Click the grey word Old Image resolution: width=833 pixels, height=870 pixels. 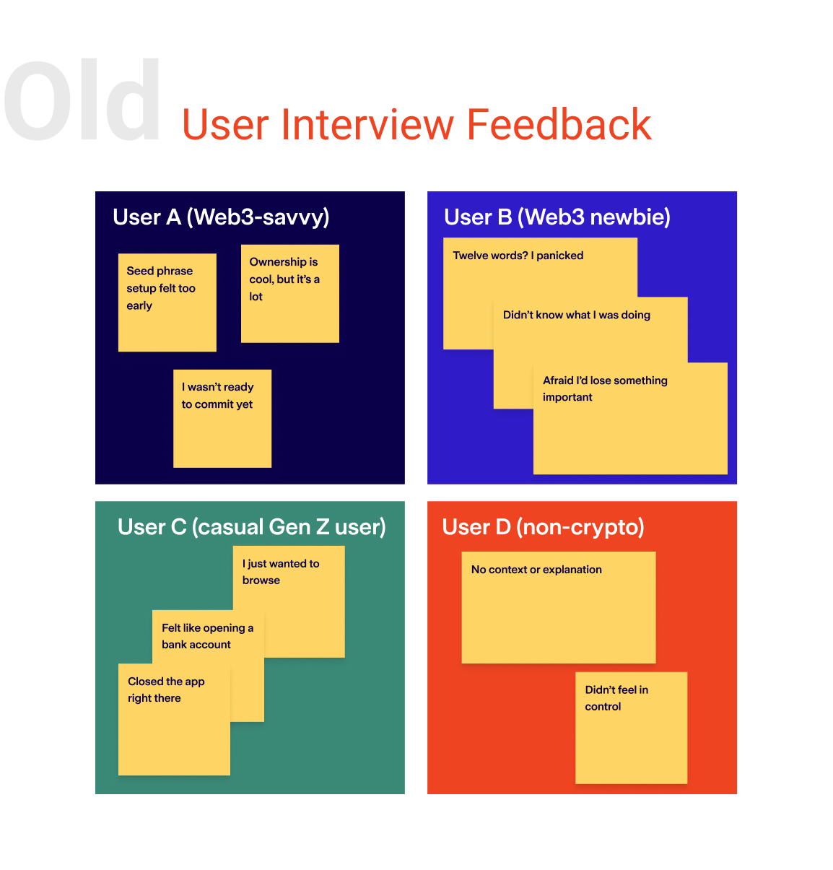[x=82, y=99]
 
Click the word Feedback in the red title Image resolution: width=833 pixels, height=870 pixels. [x=559, y=124]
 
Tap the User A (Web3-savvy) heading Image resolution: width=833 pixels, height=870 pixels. [x=221, y=218]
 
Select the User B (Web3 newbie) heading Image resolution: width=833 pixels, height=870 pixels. [x=557, y=217]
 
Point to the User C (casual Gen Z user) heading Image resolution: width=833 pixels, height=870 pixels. [x=252, y=527]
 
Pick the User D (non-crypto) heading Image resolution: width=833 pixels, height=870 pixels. [x=543, y=527]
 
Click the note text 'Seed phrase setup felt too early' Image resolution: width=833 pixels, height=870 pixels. [x=161, y=288]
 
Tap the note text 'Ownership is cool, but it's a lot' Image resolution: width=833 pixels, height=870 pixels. [x=284, y=279]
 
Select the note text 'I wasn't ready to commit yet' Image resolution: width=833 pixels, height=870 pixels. [x=218, y=395]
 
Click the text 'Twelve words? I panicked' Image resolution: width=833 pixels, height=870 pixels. [x=518, y=256]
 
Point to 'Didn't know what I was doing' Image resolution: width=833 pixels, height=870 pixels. [x=577, y=315]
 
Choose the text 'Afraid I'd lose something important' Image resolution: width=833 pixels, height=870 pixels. [x=605, y=388]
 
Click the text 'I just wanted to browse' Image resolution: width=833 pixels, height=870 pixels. [x=281, y=572]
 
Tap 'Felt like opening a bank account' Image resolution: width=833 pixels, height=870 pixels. [x=207, y=636]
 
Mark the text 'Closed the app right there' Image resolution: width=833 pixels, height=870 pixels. [x=166, y=690]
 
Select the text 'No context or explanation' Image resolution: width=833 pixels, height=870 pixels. [x=536, y=569]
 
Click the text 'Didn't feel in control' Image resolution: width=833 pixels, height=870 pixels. [x=616, y=698]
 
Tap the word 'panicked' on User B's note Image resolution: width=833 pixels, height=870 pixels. [x=560, y=256]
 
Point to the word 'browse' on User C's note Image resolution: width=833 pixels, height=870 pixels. [x=261, y=580]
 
